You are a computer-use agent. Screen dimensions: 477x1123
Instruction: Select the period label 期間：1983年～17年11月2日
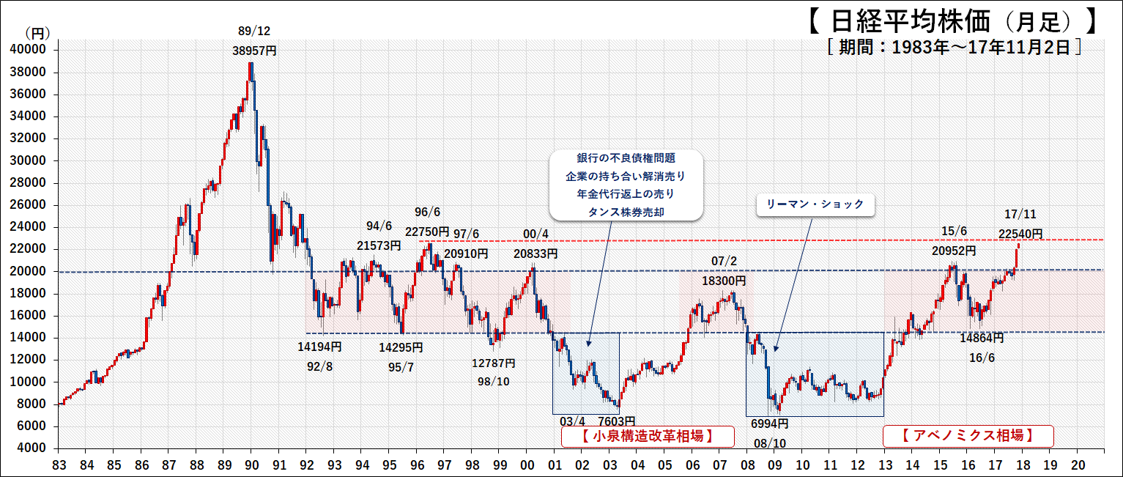[x=955, y=48]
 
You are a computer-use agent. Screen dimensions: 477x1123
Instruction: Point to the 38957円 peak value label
[x=255, y=51]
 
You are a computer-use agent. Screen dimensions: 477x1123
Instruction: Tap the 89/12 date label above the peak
[x=254, y=31]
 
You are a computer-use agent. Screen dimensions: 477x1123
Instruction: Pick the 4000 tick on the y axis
[x=31, y=448]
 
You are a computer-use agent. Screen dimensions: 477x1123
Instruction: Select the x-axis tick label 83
[x=60, y=465]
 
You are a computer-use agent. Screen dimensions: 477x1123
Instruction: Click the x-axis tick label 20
[x=1077, y=465]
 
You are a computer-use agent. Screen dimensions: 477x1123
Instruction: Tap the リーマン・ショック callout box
[x=815, y=205]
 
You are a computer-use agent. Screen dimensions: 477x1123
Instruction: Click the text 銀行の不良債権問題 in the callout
[x=626, y=159]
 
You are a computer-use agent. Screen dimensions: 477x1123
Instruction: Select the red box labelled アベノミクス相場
[x=968, y=436]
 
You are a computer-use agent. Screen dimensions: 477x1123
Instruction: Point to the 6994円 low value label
[x=769, y=424]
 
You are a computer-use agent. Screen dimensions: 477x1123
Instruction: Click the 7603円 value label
[x=616, y=421]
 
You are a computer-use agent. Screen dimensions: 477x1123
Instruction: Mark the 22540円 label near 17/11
[x=1020, y=234]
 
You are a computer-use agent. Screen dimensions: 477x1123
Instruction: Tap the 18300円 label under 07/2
[x=724, y=281]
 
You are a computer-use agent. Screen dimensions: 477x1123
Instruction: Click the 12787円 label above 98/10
[x=493, y=363]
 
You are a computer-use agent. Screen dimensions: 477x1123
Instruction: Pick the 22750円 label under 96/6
[x=427, y=232]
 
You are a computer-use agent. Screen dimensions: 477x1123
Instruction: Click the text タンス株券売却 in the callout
[x=626, y=212]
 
